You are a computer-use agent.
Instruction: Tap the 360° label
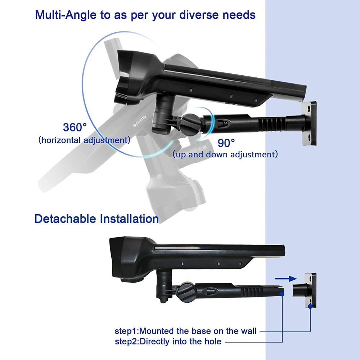click(75, 127)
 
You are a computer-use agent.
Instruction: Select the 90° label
click(226, 143)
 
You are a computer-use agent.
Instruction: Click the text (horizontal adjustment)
click(84, 140)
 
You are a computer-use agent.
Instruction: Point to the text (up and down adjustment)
click(225, 155)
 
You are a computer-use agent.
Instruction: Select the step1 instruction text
click(186, 330)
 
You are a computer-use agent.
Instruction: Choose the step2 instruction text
click(168, 341)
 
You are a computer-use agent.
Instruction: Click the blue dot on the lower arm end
click(282, 293)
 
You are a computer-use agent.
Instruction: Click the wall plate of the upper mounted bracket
click(309, 123)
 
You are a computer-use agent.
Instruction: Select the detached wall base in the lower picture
click(304, 290)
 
